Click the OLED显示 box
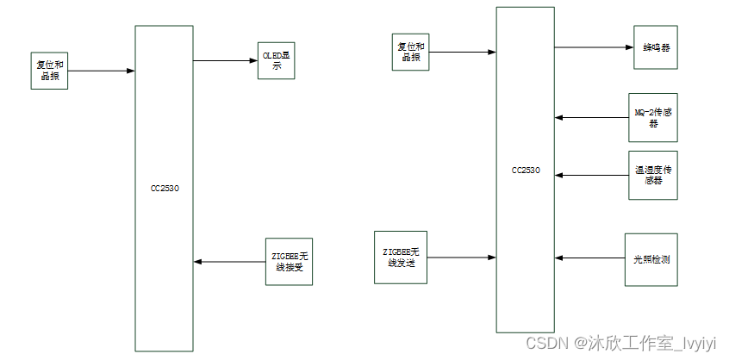coord(276,60)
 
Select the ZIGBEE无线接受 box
coord(288,261)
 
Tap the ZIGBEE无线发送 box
coord(399,257)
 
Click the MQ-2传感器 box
coord(652,117)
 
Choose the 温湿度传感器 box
coord(652,176)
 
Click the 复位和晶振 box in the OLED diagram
coord(48,71)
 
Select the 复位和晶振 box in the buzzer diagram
coord(409,52)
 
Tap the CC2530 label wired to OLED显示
coord(165,187)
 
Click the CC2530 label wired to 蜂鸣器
coord(526,170)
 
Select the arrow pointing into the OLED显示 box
coord(225,60)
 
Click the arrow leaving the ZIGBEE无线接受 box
coord(229,261)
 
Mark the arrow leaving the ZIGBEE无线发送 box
coord(460,257)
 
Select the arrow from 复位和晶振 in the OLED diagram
coord(102,71)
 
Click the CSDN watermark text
coord(620,344)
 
